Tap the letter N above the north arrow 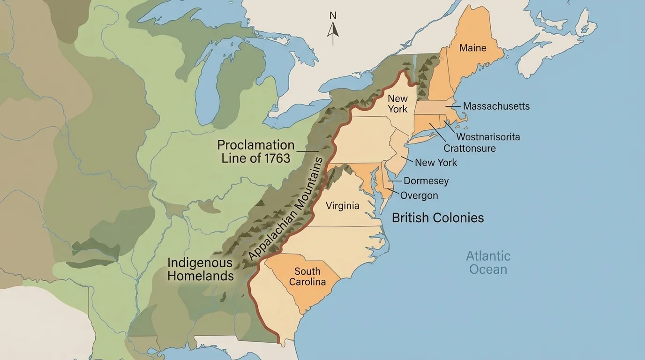333,15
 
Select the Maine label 472,48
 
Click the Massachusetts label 496,106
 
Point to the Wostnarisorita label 487,137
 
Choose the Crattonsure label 469,149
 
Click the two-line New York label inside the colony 397,104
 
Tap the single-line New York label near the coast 435,163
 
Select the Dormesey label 426,181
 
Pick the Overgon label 419,195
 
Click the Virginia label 342,205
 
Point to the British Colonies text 437,218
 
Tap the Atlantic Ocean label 488,262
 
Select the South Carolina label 307,277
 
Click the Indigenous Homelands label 200,269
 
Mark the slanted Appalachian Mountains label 286,209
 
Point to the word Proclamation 255,144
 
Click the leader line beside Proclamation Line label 307,151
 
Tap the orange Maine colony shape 464,66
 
